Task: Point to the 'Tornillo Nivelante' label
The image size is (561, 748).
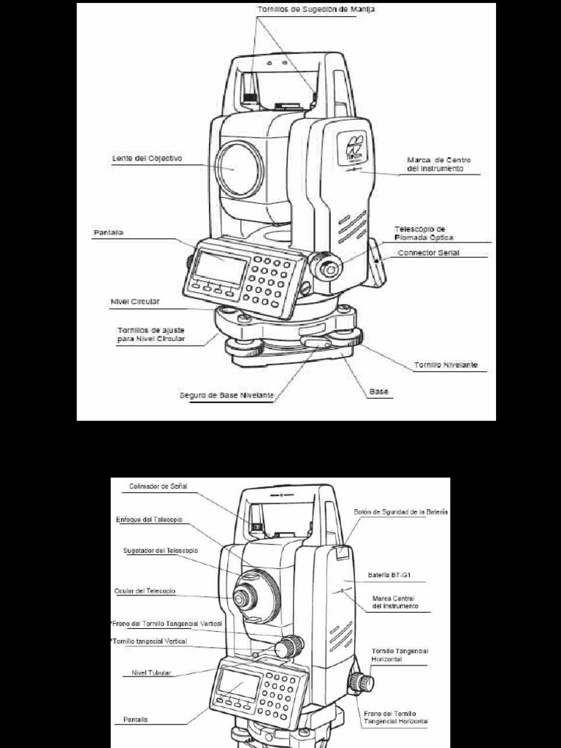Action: coord(446,365)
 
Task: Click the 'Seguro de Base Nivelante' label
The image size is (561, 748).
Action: coord(227,395)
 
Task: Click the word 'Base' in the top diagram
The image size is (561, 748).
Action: coord(378,392)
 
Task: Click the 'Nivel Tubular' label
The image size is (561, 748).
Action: coord(152,673)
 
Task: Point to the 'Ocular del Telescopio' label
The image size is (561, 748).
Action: coord(145,590)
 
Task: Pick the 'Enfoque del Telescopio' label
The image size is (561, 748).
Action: coord(149,519)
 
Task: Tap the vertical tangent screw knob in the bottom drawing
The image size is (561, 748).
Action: coord(291,644)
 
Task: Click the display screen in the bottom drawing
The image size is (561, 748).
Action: coord(239,685)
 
